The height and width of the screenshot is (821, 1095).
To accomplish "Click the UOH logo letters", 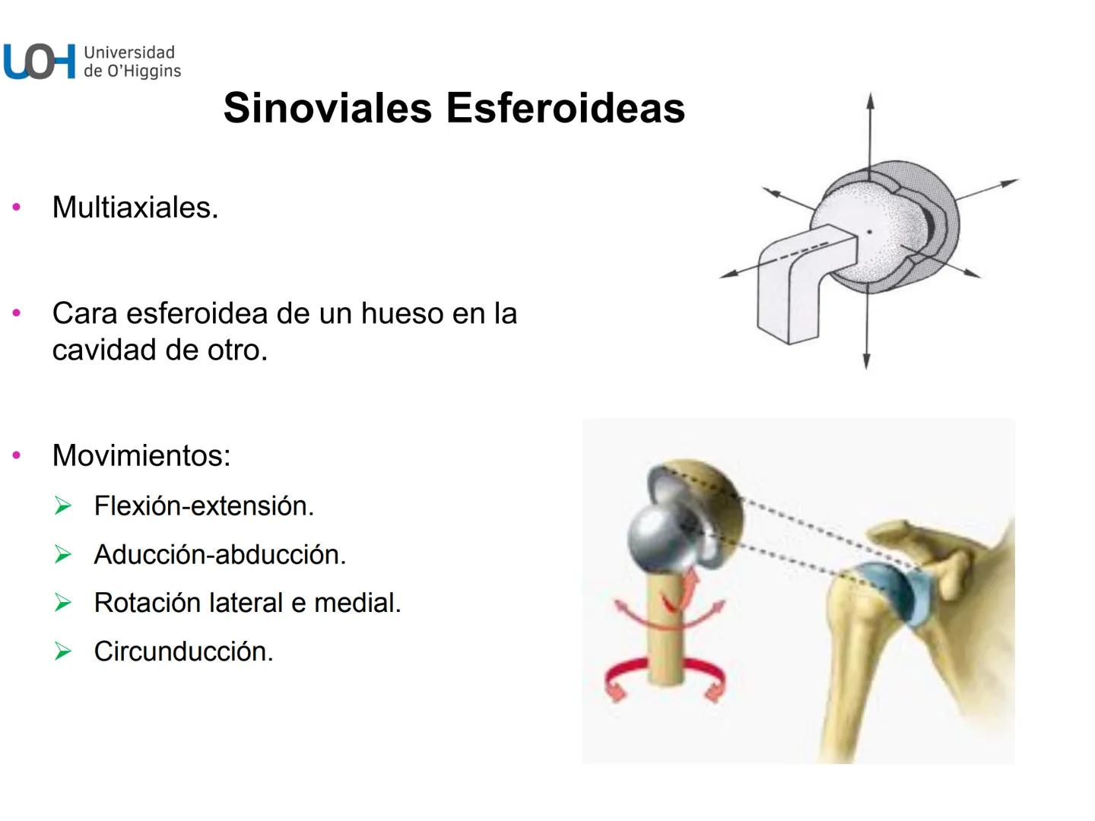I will pyautogui.click(x=40, y=62).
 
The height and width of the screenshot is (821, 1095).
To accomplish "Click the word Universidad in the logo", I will pyautogui.click(x=129, y=52).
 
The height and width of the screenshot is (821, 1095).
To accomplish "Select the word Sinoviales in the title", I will pyautogui.click(x=328, y=108).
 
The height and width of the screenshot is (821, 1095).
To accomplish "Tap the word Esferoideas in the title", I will pyautogui.click(x=566, y=108).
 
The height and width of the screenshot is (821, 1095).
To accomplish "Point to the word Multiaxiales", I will pyautogui.click(x=135, y=208).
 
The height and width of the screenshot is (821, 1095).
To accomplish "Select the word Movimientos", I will pyautogui.click(x=141, y=455).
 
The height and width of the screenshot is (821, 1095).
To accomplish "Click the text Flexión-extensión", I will pyautogui.click(x=204, y=506).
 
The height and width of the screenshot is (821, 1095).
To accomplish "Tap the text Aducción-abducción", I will pyautogui.click(x=220, y=555).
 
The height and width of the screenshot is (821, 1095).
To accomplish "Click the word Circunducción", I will pyautogui.click(x=183, y=651).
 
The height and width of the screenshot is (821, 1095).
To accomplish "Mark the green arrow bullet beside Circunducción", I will pyautogui.click(x=63, y=651).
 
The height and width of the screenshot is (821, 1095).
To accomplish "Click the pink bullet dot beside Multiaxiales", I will pyautogui.click(x=17, y=208).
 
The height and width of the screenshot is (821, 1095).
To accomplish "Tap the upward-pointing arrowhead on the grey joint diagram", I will pyautogui.click(x=870, y=101).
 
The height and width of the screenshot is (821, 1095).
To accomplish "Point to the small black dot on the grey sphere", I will pyautogui.click(x=870, y=231).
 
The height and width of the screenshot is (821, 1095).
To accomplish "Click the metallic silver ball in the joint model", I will pyautogui.click(x=655, y=537).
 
